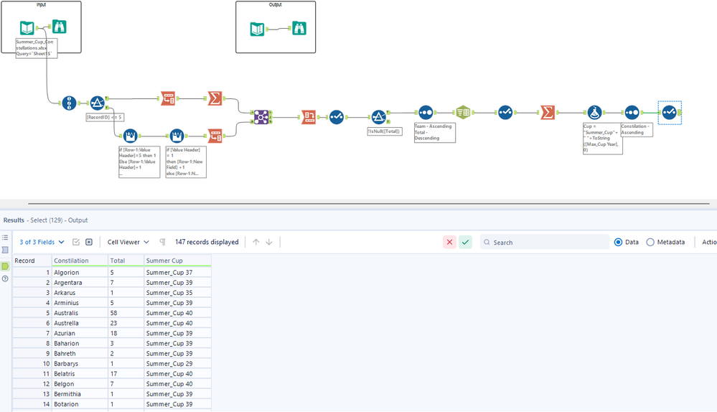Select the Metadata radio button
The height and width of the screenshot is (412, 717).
tap(650, 243)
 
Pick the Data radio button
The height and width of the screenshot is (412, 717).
tap(619, 243)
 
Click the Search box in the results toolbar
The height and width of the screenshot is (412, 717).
tap(545, 243)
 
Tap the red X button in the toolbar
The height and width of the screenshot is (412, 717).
tap(449, 243)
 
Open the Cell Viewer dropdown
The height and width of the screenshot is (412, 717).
tap(128, 243)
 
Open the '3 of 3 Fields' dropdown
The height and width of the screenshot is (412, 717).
tap(42, 243)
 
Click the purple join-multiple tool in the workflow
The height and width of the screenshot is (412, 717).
tap(261, 117)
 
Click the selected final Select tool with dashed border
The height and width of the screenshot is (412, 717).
tap(669, 112)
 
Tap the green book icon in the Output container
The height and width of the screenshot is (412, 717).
tap(257, 29)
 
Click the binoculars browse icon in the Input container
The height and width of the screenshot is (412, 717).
tap(60, 28)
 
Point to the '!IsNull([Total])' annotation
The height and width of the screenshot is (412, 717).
tap(384, 131)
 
